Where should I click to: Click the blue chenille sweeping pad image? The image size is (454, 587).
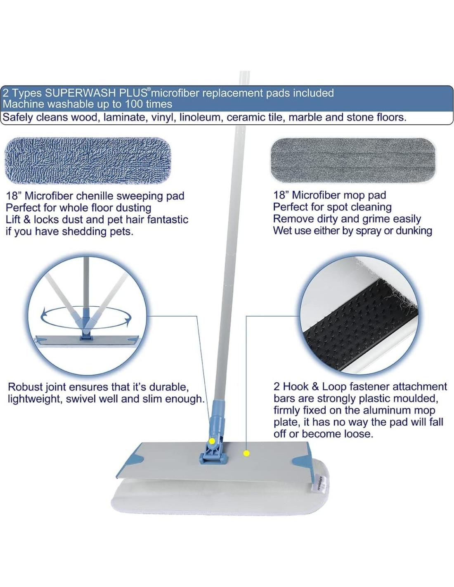88,161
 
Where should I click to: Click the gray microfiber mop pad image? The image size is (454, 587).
354,161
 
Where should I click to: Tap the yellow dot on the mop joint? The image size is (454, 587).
212,441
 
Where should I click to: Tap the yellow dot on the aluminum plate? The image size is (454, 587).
246,453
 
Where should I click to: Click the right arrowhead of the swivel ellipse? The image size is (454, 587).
127,321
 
